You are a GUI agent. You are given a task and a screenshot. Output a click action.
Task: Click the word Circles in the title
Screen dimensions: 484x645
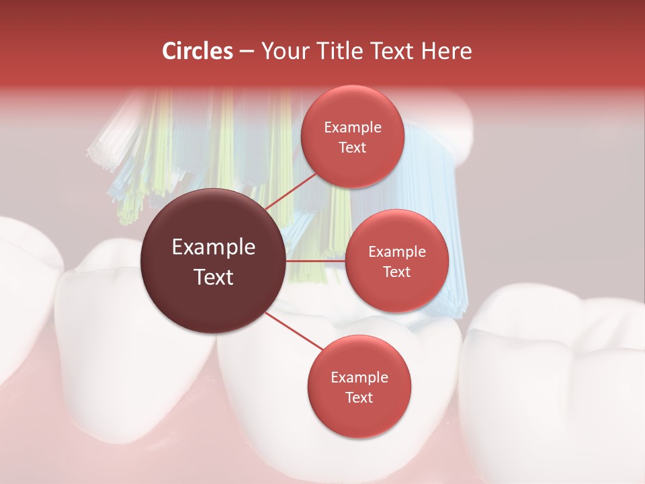pos(198,51)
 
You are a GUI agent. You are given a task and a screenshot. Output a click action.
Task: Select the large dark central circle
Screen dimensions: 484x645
pos(214,261)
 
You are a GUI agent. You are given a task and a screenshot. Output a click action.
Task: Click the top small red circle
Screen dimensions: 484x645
pos(352,136)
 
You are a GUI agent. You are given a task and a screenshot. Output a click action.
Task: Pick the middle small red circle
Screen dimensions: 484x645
pos(396,261)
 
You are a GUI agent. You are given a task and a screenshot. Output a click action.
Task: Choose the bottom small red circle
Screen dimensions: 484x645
pos(359,387)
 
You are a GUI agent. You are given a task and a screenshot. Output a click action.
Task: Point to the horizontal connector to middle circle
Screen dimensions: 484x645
pos(316,261)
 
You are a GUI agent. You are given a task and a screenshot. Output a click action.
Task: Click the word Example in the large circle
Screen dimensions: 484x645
pos(214,247)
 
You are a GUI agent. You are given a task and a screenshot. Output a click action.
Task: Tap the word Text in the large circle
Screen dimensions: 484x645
pos(214,277)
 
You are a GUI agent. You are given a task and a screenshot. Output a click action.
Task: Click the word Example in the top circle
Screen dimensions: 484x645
pos(352,128)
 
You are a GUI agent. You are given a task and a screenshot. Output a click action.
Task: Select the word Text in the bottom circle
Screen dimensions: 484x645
pos(359,397)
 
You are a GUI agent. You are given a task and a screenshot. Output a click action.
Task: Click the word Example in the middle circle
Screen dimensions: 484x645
pos(396,252)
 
